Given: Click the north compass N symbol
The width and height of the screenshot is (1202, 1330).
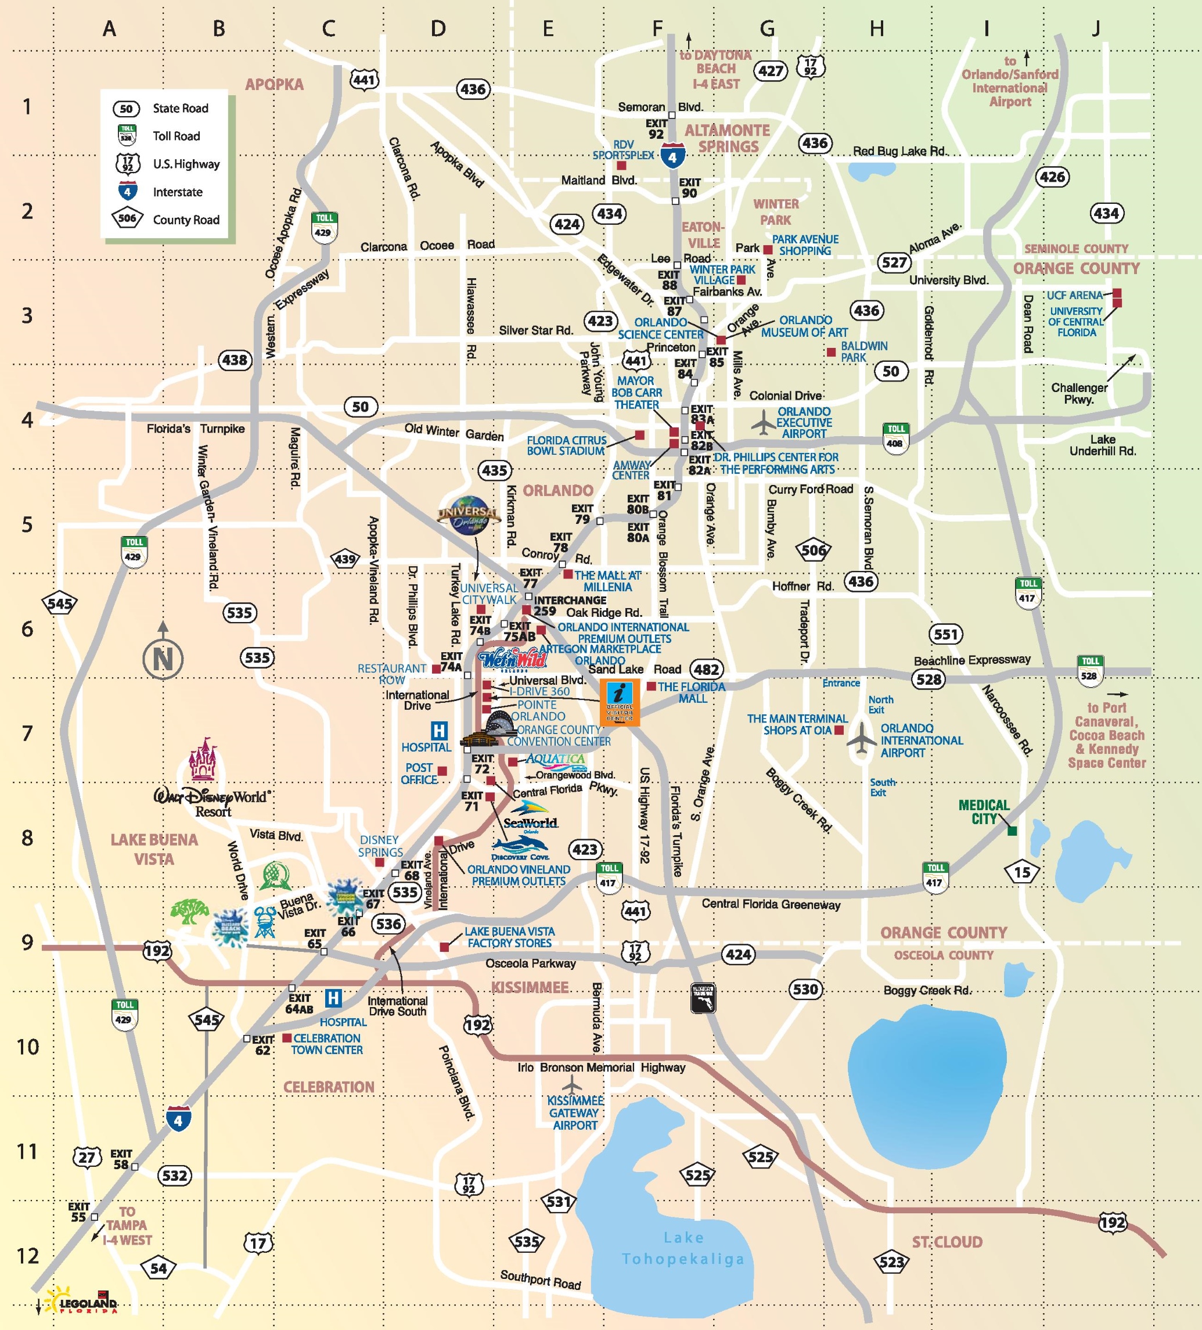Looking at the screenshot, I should [x=163, y=659].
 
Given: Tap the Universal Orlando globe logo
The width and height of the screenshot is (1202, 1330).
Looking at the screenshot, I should [x=469, y=515].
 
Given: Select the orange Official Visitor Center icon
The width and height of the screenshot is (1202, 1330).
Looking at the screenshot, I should [x=620, y=703].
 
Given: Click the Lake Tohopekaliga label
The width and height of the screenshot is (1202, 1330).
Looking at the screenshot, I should [x=683, y=1248].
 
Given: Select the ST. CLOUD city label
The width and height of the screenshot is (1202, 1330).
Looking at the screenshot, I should [x=947, y=1242].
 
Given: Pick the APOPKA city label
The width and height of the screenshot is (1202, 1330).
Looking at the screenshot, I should [x=275, y=84].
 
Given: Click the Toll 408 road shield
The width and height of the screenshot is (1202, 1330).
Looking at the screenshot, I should [x=895, y=438].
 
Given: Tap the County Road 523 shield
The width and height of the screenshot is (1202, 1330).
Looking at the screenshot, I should [x=891, y=1263].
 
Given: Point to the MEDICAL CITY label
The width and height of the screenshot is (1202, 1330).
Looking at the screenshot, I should [x=984, y=811].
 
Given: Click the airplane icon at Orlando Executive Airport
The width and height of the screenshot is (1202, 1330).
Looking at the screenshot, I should [x=763, y=422].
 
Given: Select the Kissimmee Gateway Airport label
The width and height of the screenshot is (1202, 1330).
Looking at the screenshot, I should [x=575, y=1113].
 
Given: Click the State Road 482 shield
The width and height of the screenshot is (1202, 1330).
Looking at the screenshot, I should [x=706, y=669].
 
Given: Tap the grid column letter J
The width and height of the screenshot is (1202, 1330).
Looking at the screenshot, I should [x=1096, y=28].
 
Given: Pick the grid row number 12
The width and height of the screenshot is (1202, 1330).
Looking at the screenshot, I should [x=28, y=1256].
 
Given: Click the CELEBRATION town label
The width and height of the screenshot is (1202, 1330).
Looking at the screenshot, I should [x=329, y=1087].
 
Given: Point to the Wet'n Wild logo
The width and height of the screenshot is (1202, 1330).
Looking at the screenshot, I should [x=513, y=659].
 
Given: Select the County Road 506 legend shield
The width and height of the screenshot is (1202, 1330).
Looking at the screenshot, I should [x=127, y=218].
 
